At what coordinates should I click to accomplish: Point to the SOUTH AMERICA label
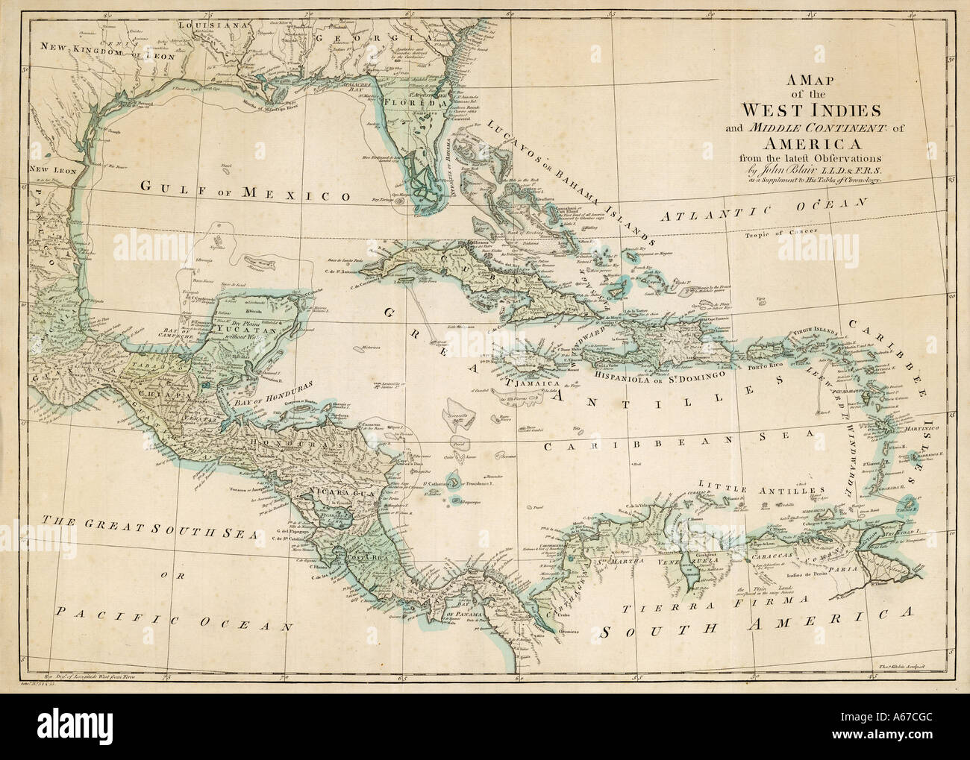[758, 623]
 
